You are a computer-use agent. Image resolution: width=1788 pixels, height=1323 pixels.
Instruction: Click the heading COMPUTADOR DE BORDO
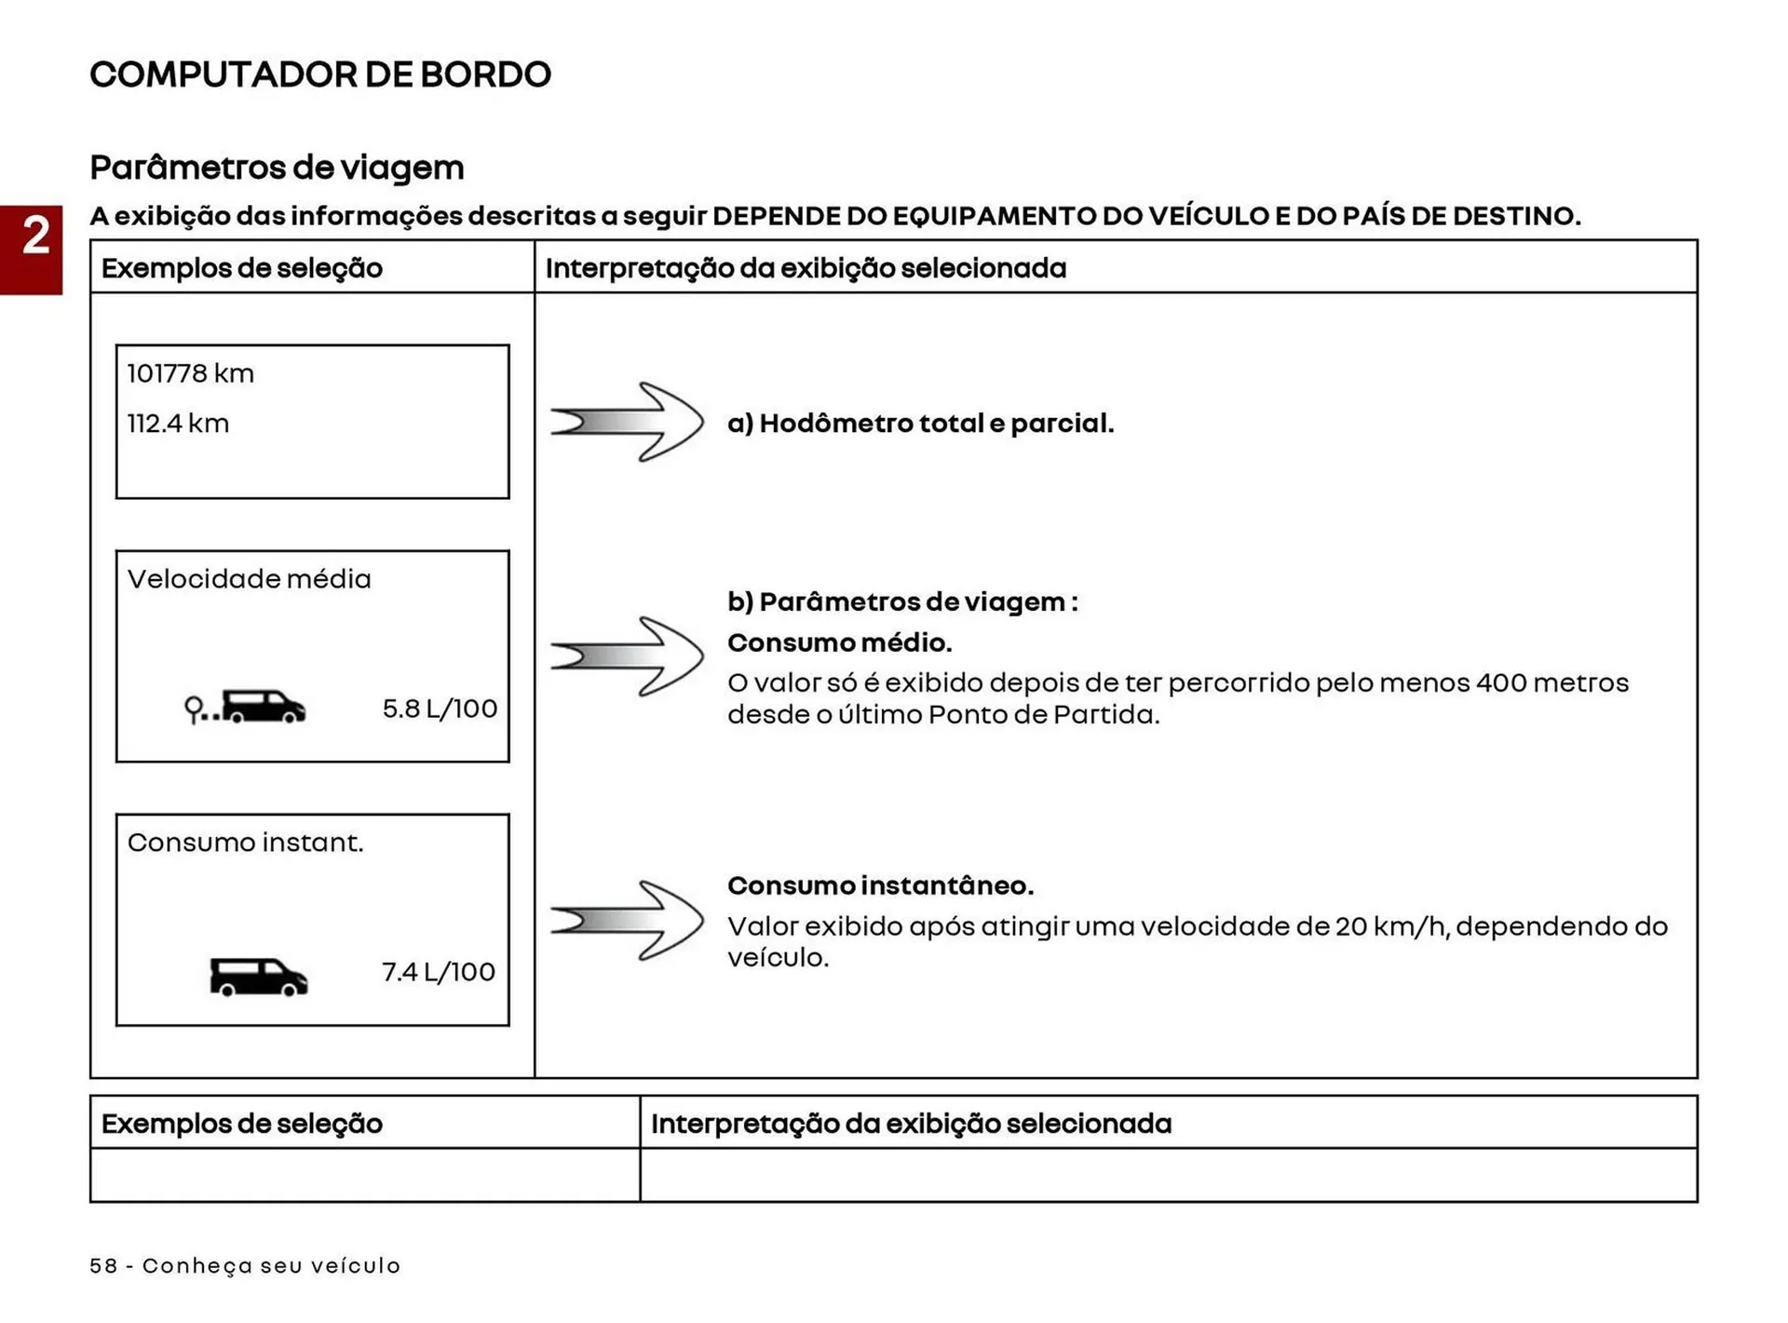tap(319, 74)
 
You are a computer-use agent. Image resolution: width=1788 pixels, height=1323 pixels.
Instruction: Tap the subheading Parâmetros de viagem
tap(277, 168)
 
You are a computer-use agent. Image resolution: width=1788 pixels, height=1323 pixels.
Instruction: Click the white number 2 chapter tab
tap(35, 236)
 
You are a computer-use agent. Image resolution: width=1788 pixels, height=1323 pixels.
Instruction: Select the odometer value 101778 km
tap(190, 373)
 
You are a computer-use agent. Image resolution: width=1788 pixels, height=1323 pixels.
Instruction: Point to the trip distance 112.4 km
tap(177, 424)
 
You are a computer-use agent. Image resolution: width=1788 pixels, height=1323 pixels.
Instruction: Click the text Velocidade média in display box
tap(249, 579)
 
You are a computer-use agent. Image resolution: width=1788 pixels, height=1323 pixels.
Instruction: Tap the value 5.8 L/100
tap(440, 709)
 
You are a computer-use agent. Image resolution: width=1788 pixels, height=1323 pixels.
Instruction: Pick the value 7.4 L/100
tap(438, 972)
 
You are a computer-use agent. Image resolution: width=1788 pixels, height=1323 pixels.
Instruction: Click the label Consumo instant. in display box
tap(245, 843)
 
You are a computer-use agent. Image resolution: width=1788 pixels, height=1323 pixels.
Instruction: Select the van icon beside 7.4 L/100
tap(258, 977)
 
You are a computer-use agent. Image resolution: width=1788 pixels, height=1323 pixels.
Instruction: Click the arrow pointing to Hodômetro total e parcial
tap(627, 422)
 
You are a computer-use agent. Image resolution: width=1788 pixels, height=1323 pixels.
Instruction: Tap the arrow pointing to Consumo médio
tap(627, 656)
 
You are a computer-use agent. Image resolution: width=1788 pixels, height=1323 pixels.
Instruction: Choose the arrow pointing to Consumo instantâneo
tap(627, 920)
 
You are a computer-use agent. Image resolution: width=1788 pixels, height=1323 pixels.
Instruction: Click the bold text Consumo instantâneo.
tap(880, 885)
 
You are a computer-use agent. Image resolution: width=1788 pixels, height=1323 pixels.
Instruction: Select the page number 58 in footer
tap(103, 1266)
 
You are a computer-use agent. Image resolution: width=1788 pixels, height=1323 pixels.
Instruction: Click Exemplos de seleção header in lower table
tap(241, 1124)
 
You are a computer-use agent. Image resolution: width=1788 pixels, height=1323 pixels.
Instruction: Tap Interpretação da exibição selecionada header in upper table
tap(806, 268)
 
